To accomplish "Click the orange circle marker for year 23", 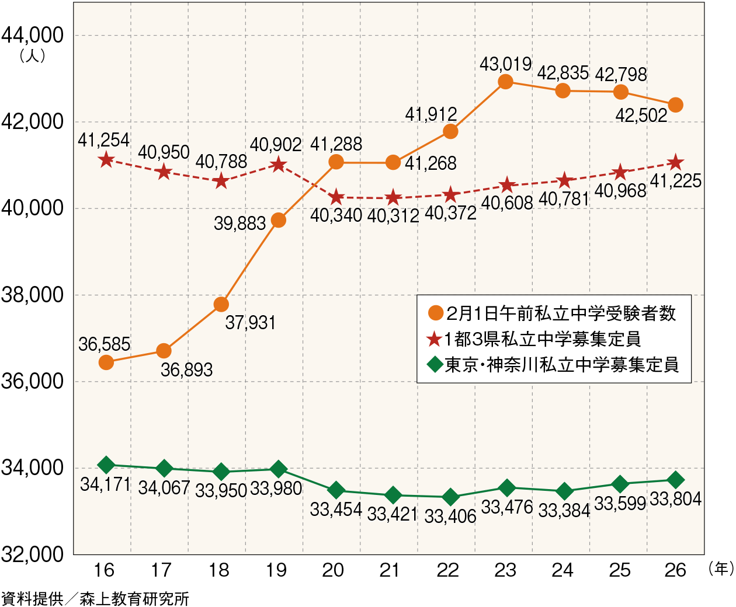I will [505, 82].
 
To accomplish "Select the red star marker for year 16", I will [106, 159].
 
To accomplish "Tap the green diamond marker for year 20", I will [336, 490].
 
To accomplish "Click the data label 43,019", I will [505, 64].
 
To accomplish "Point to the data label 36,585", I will [104, 344].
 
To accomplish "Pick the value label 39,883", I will [239, 223].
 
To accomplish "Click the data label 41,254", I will [103, 140].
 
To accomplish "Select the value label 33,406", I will [450, 516].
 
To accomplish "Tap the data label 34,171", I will [105, 484].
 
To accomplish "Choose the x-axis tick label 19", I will [276, 570].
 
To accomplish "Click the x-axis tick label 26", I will [675, 570].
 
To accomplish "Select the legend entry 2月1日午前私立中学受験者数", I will [552, 313].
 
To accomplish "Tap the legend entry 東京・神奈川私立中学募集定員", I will [553, 365].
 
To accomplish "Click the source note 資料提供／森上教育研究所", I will [95, 599].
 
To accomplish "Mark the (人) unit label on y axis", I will [32, 57].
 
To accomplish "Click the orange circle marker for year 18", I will [221, 304].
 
